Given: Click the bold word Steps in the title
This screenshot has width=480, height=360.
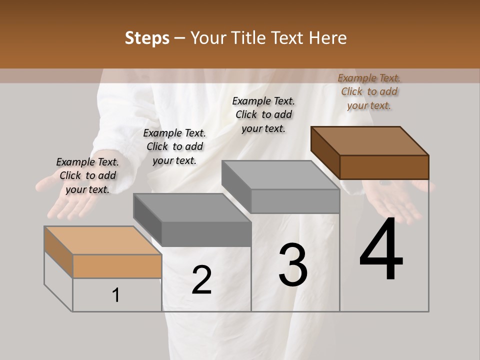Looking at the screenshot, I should click(147, 38).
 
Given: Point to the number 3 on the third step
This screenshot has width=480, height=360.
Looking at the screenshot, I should click(293, 265).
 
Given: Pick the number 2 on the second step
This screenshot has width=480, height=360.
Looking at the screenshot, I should click(201, 280).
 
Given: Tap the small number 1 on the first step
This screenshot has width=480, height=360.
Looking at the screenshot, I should click(116, 295).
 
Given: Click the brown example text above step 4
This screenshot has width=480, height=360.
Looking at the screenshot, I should click(369, 91).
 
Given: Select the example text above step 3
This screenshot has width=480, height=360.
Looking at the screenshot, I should click(263, 114).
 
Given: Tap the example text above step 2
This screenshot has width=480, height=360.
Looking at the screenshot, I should click(174, 146).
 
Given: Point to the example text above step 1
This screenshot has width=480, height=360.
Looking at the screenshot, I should click(87, 175).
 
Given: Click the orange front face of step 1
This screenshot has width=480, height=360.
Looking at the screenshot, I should click(117, 266).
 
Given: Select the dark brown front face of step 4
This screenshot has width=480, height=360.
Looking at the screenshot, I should click(384, 167).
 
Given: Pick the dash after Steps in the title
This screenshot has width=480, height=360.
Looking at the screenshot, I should click(180, 38).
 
